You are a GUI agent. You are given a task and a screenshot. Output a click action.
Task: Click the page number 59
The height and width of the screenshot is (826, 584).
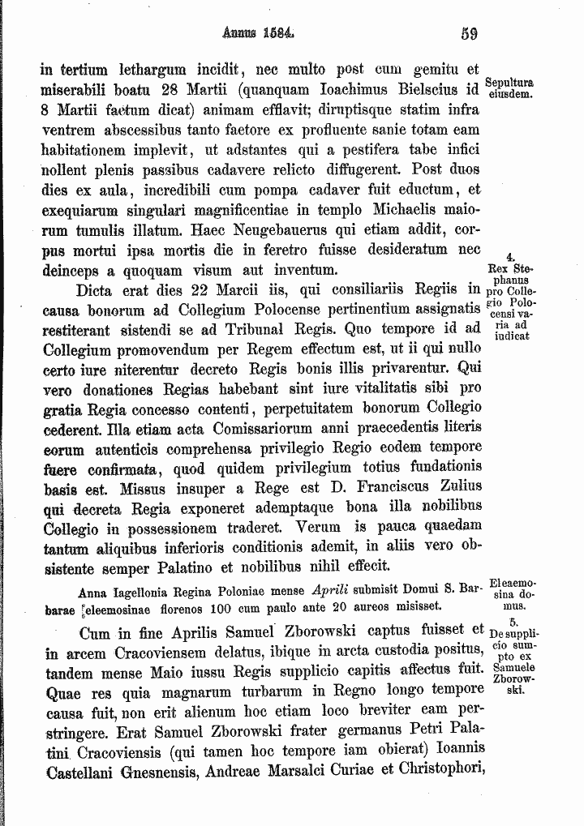tap(468, 34)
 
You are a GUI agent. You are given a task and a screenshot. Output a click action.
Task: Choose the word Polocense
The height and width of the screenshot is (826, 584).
tap(319, 310)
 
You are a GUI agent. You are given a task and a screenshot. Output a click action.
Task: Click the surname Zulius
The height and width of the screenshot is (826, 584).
tap(457, 486)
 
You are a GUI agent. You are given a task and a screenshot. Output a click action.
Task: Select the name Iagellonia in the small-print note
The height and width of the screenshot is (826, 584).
tap(141, 590)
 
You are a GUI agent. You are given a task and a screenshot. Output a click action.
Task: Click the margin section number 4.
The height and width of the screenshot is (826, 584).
tap(509, 257)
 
